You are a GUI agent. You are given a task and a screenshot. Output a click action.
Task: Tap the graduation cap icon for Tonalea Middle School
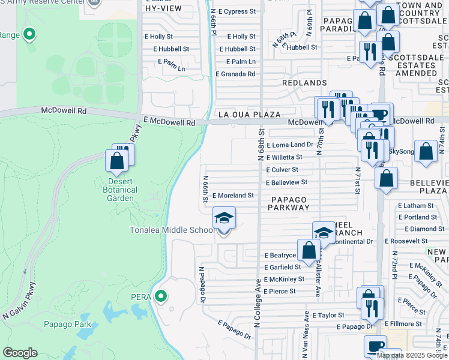[x=224, y=217]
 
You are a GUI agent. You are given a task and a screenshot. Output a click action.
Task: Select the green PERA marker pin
[x=160, y=296]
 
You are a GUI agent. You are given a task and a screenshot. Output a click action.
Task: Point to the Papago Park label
[x=67, y=325]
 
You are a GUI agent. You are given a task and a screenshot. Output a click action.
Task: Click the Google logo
[x=20, y=353]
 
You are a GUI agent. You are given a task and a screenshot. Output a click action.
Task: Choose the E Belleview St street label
[x=286, y=182]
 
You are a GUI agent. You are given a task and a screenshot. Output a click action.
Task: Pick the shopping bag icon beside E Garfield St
[x=309, y=251]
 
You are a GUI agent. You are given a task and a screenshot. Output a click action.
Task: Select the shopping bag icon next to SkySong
[x=426, y=152]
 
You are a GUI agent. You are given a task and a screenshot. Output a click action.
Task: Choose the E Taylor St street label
[x=323, y=315]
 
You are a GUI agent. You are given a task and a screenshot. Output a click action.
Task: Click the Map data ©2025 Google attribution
[x=411, y=355]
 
